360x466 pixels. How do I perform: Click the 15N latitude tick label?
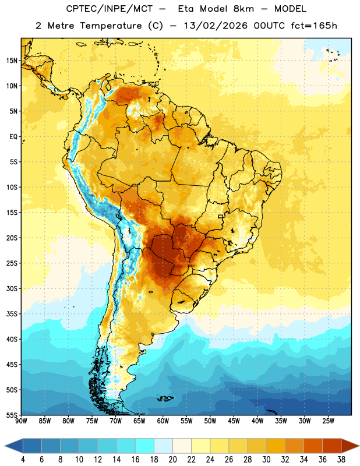coord(12,61)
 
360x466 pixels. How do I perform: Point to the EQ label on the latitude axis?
coord(13,137)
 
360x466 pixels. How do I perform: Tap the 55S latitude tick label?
coord(12,415)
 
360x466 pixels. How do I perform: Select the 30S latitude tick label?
coord(12,288)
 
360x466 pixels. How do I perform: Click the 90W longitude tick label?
coord(21,421)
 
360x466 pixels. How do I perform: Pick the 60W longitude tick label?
coord(163,421)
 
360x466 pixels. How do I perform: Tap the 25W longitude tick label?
coord(328,421)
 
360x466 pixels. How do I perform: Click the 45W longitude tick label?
coord(234,421)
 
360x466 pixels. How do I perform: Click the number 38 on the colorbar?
coord(341,460)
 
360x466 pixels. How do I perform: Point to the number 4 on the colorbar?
coord(23,460)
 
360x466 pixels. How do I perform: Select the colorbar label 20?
coord(172,460)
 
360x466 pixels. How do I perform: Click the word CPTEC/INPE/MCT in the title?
coord(109,9)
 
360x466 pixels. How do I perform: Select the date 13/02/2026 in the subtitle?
coord(216,26)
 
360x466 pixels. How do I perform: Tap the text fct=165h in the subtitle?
coord(314,26)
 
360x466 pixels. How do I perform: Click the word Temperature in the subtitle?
coord(111,26)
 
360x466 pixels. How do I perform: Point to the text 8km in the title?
coord(243,9)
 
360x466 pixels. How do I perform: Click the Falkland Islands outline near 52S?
coord(165,398)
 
